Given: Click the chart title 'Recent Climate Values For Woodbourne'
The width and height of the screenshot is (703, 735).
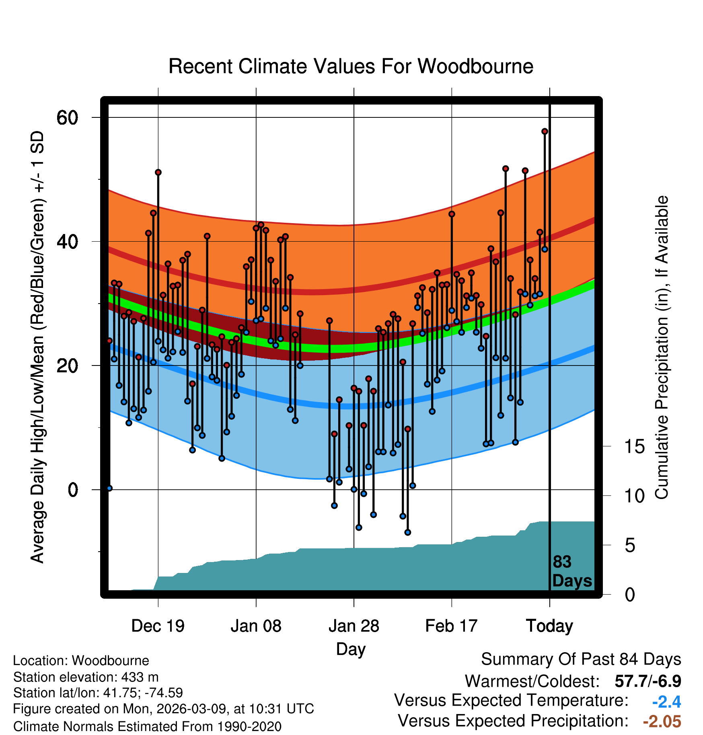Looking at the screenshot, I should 351,66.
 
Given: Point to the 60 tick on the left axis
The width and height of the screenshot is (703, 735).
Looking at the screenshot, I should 67,118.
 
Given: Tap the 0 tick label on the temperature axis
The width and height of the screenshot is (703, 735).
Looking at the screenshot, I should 73,490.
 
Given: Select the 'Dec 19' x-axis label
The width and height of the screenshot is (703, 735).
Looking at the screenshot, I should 158,626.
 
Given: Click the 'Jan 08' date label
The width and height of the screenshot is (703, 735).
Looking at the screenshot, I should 256,626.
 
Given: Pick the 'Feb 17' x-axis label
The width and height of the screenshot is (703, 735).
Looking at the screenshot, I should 451,626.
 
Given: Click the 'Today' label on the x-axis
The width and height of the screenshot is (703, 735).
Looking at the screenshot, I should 549,626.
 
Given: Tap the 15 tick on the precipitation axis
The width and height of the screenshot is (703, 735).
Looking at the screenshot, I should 635,446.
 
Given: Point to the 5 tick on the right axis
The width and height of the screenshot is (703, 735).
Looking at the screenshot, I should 630,546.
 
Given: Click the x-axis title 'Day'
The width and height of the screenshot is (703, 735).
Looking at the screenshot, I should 351,649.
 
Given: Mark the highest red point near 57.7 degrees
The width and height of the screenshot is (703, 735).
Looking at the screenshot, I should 545,131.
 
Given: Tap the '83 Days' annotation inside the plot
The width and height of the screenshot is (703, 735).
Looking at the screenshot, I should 572,571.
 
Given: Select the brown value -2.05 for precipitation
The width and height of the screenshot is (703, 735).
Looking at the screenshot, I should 662,722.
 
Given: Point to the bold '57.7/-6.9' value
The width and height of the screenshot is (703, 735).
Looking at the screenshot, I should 648,682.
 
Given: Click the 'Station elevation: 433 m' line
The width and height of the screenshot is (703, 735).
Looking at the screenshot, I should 86,678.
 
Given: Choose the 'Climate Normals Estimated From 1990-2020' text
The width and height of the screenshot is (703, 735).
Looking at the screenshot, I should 147,727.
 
